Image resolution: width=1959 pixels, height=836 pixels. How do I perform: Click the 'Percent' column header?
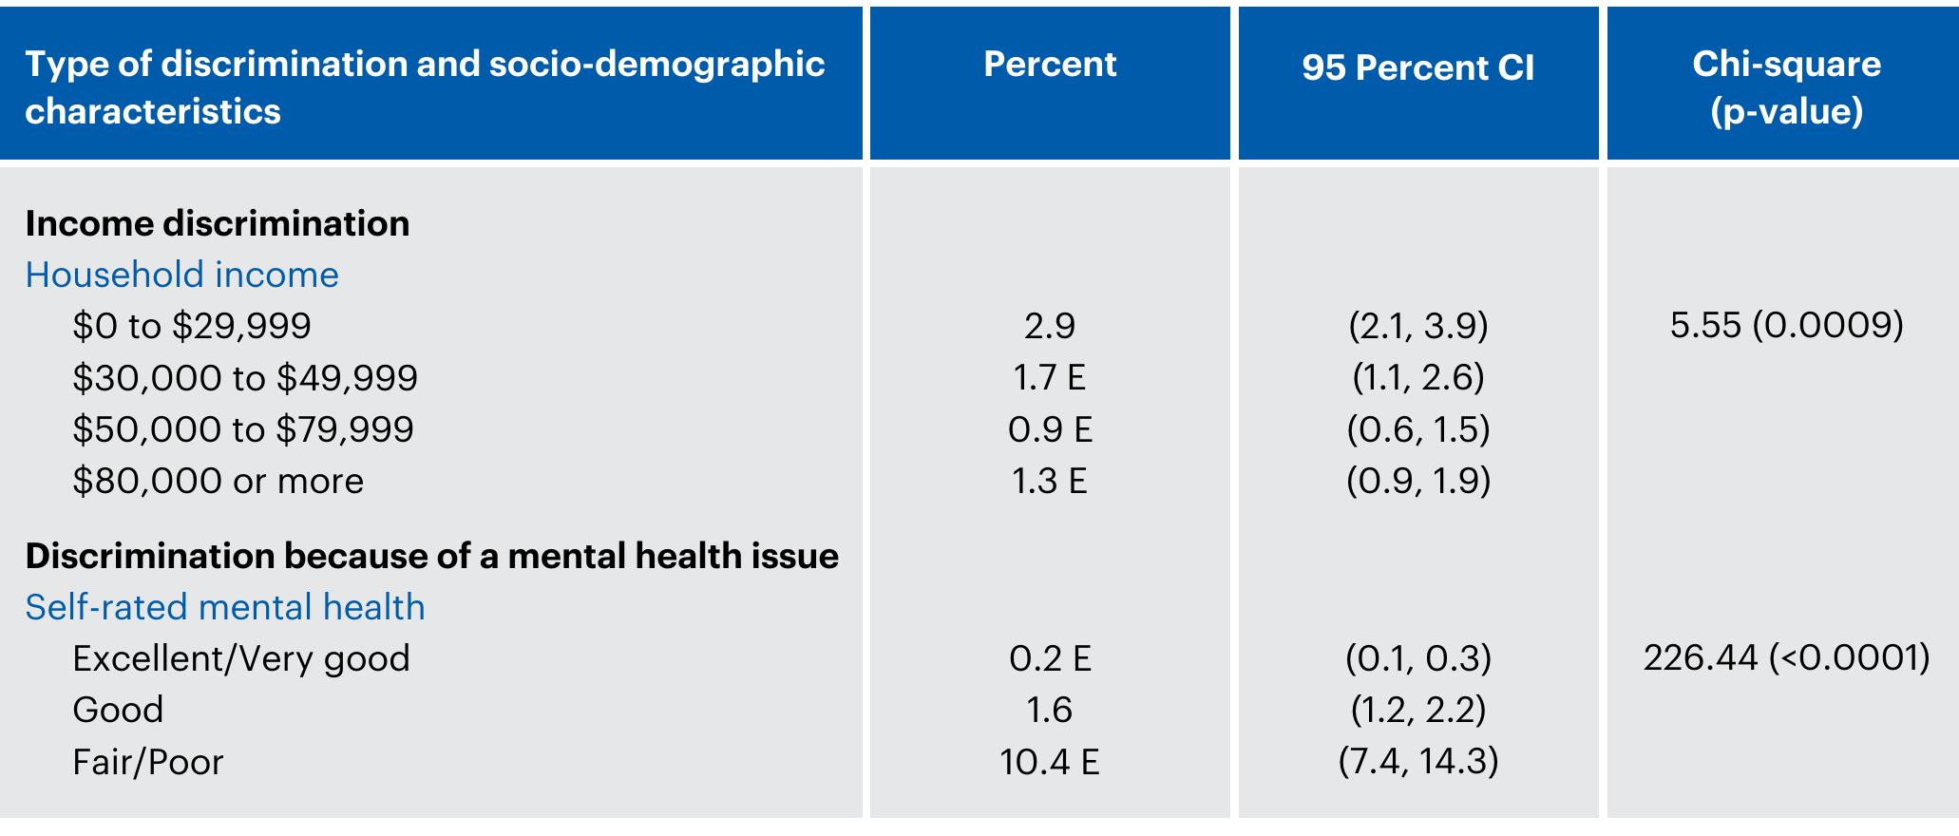[1050, 65]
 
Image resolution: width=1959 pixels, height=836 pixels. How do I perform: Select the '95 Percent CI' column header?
[1417, 68]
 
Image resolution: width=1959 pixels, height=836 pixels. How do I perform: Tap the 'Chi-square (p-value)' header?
[1786, 87]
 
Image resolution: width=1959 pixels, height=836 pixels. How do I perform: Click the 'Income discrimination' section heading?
[218, 224]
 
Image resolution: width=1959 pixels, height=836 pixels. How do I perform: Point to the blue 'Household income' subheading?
[181, 275]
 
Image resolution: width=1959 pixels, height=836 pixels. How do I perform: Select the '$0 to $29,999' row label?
[192, 327]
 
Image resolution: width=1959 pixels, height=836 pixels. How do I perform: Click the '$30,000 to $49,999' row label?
[245, 378]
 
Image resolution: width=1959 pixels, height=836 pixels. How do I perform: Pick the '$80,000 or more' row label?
[218, 481]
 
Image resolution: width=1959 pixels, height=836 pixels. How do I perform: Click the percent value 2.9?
[1050, 327]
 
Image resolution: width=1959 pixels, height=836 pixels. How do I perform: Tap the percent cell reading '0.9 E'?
[1050, 429]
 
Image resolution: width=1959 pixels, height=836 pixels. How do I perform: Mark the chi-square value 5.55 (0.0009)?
[1786, 326]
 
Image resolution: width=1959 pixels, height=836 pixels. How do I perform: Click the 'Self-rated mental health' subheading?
[225, 607]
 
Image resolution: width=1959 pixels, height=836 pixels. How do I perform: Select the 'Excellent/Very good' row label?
[241, 658]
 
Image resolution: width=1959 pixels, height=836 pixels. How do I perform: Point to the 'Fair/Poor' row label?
[147, 762]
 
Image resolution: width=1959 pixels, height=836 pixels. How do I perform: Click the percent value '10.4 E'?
[1050, 762]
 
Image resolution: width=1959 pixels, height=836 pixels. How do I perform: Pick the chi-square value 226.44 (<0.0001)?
[1786, 657]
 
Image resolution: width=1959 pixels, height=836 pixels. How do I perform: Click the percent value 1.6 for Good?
[1050, 711]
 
